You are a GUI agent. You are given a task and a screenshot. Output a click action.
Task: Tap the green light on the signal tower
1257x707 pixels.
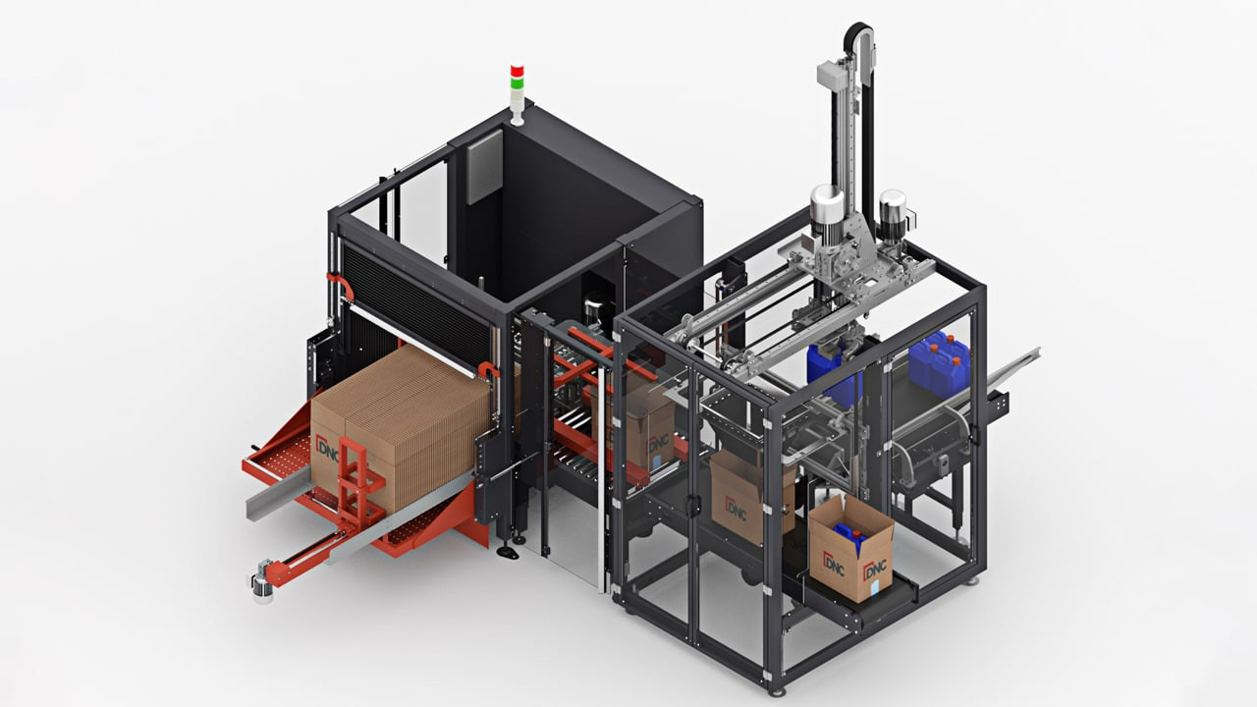coord(517,83)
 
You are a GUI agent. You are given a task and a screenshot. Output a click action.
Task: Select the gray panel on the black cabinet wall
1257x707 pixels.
coord(484,167)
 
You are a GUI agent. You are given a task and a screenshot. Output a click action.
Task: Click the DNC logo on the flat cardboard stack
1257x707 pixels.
coord(327,448)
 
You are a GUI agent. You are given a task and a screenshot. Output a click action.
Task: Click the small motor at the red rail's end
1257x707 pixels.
coord(261,583)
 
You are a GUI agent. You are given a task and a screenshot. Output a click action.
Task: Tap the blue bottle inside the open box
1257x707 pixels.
coord(850,536)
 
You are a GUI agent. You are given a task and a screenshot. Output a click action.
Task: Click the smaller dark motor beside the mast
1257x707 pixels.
coord(893,215)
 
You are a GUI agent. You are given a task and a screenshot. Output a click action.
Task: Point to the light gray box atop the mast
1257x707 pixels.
coord(835,74)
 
